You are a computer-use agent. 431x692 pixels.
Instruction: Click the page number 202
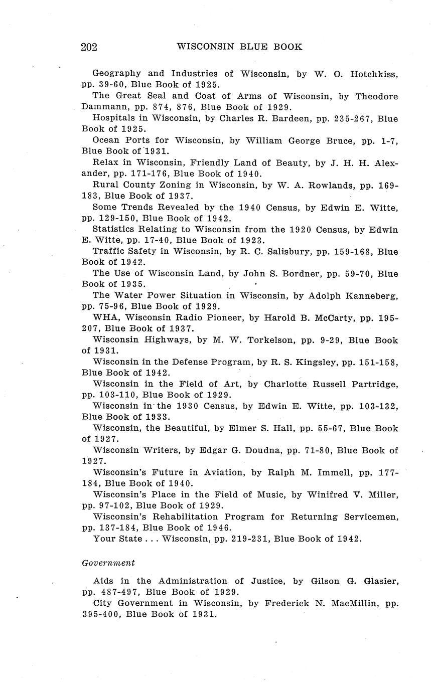[89, 47]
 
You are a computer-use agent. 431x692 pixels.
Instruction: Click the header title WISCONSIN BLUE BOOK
[239, 47]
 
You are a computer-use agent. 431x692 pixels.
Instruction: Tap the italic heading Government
[108, 563]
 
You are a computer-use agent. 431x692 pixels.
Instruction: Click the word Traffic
[110, 251]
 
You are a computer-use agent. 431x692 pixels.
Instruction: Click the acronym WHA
[104, 317]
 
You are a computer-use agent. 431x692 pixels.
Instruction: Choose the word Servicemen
[368, 516]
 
